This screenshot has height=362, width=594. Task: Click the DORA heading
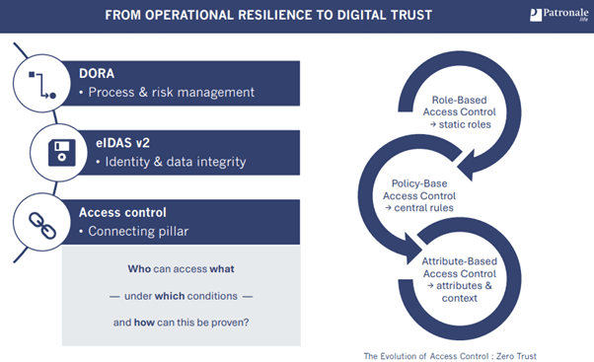point(98,73)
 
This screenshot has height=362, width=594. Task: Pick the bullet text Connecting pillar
point(145,230)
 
